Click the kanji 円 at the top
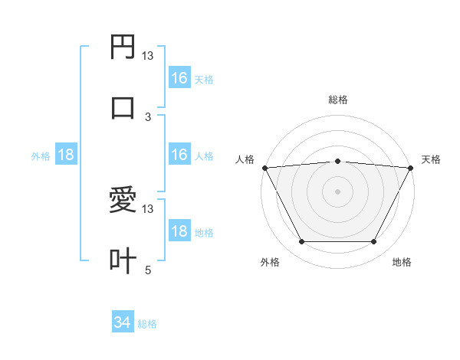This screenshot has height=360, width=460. (123, 47)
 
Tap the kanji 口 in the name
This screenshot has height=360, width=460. (123, 107)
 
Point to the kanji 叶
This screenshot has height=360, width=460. (123, 260)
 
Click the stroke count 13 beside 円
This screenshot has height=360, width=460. (148, 56)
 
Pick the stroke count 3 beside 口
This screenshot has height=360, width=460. (148, 116)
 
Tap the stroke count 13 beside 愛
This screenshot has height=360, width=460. (148, 209)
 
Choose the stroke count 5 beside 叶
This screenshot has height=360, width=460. (148, 270)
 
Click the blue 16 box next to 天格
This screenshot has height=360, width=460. (179, 78)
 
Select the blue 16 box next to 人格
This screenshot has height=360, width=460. (179, 155)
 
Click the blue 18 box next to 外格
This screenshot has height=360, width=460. (66, 155)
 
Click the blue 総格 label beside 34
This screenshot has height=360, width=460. (148, 324)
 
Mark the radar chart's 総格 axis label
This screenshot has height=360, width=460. (338, 100)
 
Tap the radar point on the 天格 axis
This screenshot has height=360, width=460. (412, 167)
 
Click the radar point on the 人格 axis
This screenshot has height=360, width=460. (264, 167)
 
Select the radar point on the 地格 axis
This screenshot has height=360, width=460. (374, 242)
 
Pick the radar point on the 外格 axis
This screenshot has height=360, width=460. (301, 242)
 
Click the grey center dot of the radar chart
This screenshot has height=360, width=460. (338, 191)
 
